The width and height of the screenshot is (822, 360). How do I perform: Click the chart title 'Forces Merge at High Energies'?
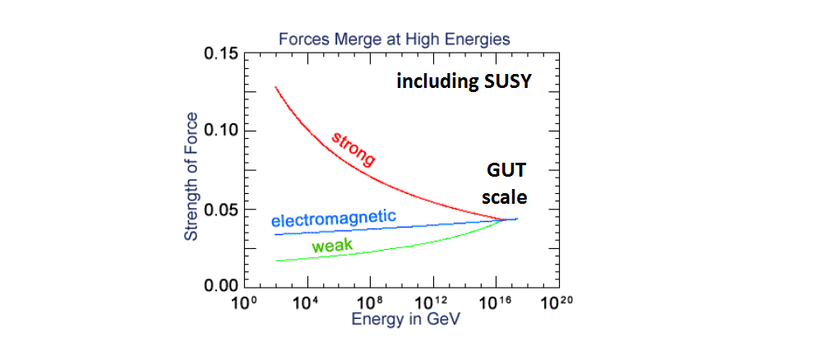pos(395,39)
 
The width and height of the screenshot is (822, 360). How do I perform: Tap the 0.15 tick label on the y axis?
pos(219,54)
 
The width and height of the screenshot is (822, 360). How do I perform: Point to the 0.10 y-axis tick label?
pos(219,132)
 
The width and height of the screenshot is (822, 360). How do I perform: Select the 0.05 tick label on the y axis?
pos(219,209)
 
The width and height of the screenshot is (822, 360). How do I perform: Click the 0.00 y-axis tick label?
pos(219,286)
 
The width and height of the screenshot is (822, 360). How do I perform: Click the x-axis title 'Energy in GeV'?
pos(400,320)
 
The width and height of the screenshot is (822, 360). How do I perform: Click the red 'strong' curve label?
pos(353,149)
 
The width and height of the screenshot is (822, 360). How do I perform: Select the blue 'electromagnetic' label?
pos(333,219)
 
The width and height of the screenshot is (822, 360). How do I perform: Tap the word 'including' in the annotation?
pos(432,83)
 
